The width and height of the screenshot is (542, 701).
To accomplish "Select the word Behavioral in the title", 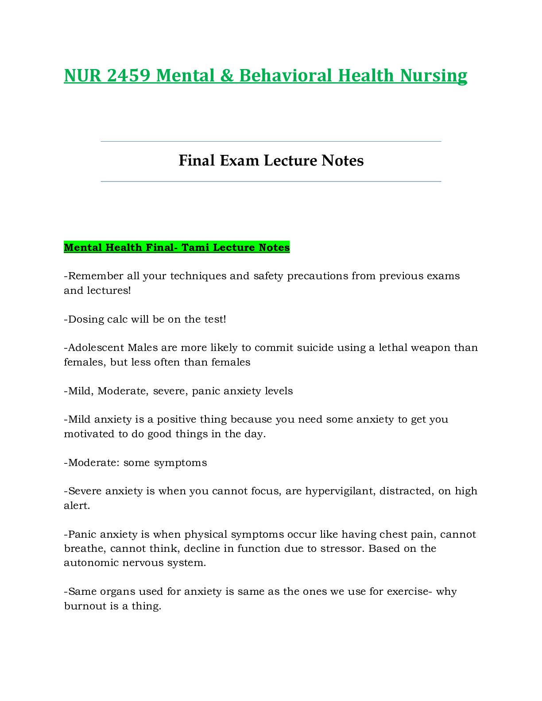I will click(286, 76).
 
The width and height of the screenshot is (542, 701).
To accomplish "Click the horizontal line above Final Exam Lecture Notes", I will click(271, 141).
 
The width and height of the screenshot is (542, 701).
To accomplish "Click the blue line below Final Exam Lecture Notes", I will click(271, 181).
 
